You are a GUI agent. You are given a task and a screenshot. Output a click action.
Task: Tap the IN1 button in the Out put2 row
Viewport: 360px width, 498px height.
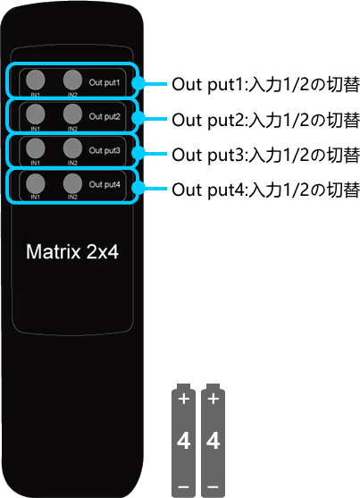click(x=35, y=114)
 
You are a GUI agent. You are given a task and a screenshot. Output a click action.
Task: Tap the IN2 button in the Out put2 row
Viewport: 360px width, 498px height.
click(x=72, y=114)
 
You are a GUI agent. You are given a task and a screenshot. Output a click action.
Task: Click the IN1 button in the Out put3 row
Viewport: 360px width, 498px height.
click(x=35, y=148)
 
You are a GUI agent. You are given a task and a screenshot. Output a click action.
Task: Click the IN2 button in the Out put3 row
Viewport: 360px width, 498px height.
click(x=72, y=148)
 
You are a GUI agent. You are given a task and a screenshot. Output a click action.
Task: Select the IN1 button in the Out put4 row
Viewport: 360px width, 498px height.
click(x=35, y=184)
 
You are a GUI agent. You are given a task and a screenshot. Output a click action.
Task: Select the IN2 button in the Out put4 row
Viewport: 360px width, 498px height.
click(x=72, y=183)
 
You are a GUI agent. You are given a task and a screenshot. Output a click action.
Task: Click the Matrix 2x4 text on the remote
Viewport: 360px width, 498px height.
click(x=72, y=252)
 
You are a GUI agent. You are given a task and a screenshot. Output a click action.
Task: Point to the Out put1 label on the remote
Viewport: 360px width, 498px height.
click(x=105, y=83)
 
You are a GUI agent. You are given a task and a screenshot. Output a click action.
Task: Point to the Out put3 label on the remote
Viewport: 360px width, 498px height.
click(x=105, y=150)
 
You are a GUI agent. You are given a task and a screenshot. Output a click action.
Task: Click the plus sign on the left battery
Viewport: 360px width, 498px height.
click(x=184, y=399)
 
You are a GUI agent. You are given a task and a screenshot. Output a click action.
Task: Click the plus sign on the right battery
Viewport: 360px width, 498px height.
click(x=213, y=399)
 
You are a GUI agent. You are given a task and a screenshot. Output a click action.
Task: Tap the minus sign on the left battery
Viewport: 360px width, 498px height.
click(x=184, y=487)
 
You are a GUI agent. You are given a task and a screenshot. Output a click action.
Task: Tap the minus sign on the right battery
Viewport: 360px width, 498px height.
click(x=213, y=487)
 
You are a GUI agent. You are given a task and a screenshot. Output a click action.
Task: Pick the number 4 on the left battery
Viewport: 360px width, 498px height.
click(x=184, y=440)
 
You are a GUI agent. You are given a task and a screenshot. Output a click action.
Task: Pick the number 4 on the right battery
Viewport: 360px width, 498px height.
click(x=213, y=440)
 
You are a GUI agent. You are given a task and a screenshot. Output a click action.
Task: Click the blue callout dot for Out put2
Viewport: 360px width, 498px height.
click(x=138, y=119)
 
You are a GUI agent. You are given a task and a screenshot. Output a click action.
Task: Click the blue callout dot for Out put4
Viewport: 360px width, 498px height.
click(x=138, y=189)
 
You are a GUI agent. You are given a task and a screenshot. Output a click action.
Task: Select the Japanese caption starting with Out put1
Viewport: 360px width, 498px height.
click(x=265, y=84)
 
